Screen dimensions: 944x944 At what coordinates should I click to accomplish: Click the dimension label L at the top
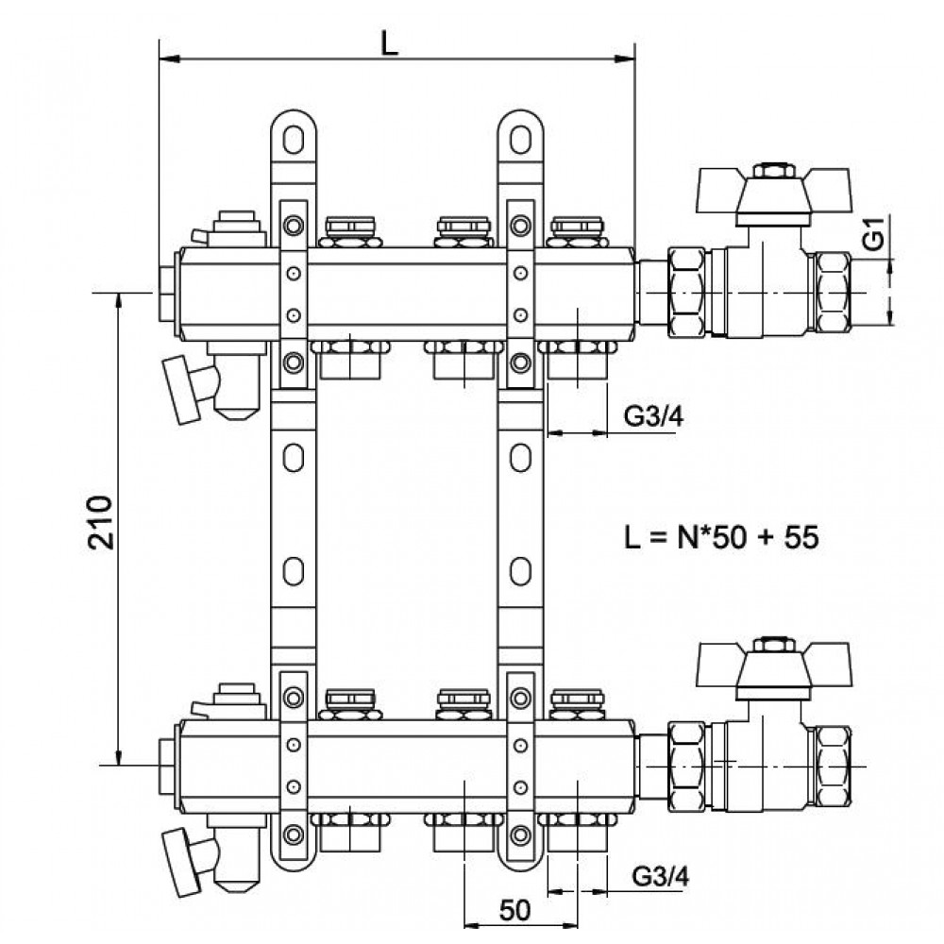pos(390,42)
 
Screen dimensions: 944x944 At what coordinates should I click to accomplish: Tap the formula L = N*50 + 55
pos(721,537)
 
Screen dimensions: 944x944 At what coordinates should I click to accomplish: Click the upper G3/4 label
pos(654,415)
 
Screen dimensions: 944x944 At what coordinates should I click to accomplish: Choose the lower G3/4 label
pos(661,876)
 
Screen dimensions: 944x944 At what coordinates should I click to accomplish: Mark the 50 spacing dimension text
pos(515,910)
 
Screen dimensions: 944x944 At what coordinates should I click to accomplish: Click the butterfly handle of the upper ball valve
pos(774,191)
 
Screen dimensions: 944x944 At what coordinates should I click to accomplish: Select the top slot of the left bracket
pos(294,140)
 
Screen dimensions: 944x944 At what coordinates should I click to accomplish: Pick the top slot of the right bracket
pos(520,140)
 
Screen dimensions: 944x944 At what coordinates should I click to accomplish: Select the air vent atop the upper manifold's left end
pos(232,228)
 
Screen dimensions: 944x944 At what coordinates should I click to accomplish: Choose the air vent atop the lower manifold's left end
pos(232,701)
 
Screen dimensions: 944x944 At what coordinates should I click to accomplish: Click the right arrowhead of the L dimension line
pos(625,59)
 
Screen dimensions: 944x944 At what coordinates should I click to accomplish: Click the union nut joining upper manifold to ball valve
pos(686,294)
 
